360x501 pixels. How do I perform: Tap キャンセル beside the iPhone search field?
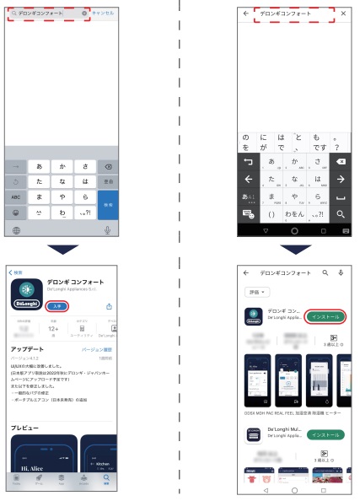click(105, 14)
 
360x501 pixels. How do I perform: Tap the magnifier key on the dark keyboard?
click(341, 214)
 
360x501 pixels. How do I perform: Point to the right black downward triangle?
click(295, 250)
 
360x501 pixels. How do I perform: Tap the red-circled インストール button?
click(325, 315)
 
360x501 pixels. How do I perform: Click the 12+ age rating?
click(52, 331)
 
